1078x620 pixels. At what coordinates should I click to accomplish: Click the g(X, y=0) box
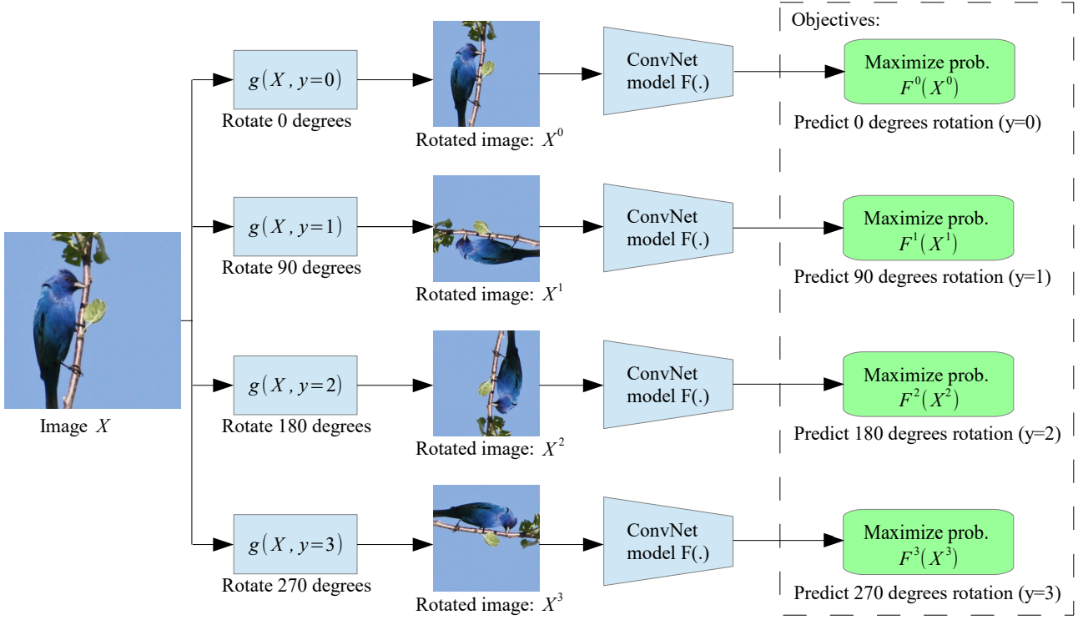295,80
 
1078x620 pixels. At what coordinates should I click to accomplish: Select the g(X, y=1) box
295,226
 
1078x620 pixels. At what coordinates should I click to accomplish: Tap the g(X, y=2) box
295,386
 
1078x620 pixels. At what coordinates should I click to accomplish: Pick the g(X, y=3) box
295,544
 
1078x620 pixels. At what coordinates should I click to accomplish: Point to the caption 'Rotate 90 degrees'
291,268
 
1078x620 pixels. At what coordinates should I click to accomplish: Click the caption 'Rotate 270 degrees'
296,586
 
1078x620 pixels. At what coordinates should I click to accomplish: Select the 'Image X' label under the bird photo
75,427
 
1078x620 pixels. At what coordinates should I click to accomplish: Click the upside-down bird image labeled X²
486,383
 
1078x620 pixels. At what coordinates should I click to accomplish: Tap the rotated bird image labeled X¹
486,228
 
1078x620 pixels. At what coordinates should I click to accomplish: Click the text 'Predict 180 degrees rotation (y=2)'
926,434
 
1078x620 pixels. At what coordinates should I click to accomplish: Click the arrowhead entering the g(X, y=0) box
223,80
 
